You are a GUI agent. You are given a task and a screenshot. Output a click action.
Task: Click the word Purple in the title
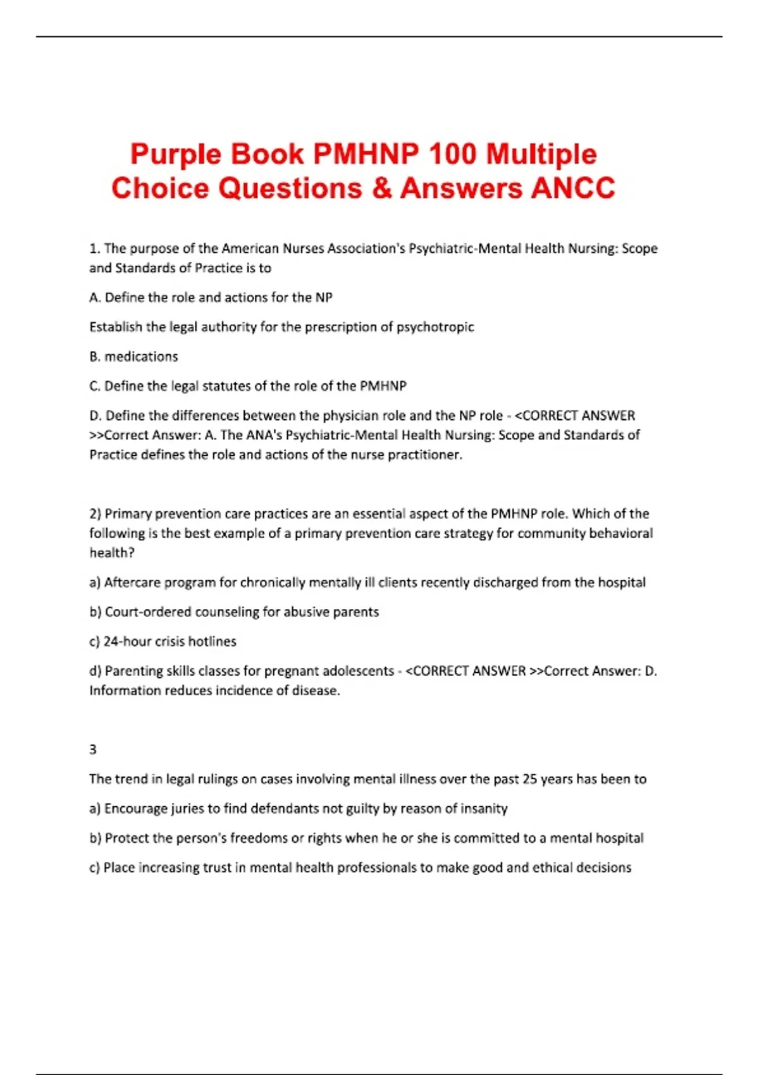coord(175,155)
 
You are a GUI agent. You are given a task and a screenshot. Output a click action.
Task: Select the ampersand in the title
coord(382,188)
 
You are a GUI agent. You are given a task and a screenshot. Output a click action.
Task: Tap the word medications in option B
coord(141,357)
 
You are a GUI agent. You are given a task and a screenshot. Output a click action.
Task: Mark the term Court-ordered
coord(148,612)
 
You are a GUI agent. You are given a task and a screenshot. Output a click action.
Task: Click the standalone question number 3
coord(93,749)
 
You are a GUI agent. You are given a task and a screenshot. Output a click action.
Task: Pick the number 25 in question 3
coord(529,779)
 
